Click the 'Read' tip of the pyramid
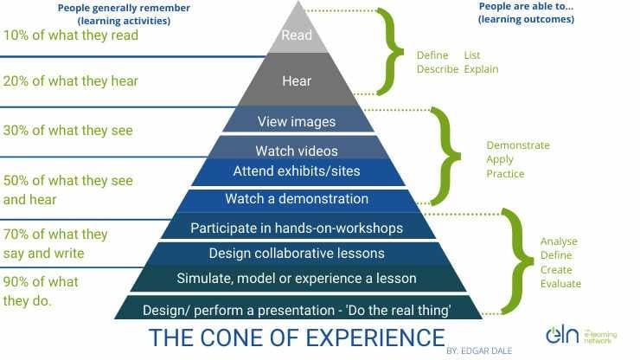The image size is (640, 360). point(298,35)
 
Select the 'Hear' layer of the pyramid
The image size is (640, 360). point(298,80)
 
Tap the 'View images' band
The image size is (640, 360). point(297,121)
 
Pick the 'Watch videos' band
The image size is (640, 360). point(297,149)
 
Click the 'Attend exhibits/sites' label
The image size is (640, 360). point(297,170)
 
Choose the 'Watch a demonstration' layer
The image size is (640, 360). point(297,200)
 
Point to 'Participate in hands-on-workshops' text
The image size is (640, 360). point(297,228)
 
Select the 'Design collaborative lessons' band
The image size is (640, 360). point(297,254)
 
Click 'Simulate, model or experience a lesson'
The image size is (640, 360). point(297,279)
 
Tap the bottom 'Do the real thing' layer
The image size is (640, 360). point(298,308)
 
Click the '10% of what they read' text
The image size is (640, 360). point(71,35)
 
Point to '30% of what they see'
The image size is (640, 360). point(68,131)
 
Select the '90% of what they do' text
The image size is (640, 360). point(41,291)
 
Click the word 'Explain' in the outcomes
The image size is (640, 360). point(481,69)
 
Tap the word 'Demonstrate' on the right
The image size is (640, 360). point(518,145)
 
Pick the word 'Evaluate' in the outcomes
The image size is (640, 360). point(560,284)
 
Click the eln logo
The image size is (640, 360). point(581,336)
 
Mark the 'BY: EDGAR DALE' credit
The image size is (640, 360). point(479,350)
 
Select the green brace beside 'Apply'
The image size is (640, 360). point(445,156)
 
